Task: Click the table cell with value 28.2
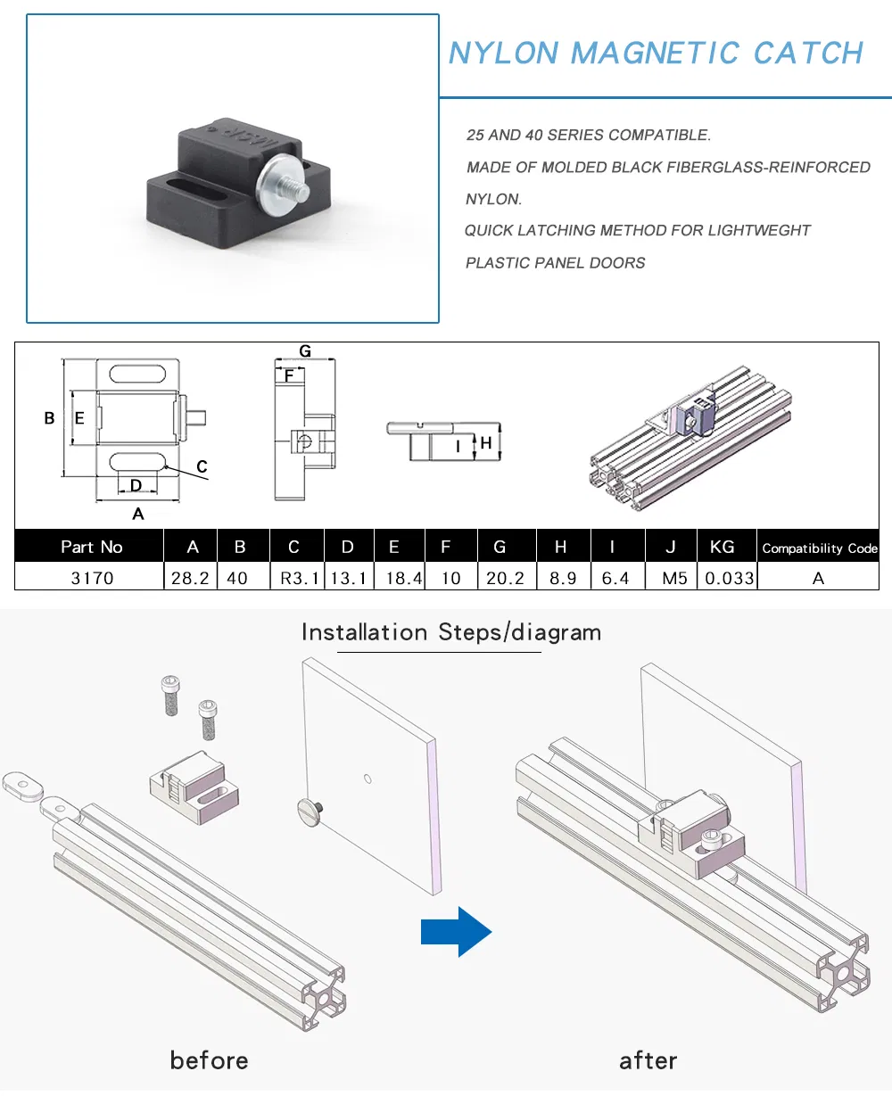190,578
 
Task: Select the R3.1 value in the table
299,578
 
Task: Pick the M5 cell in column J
674,578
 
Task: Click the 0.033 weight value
729,578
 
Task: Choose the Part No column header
91,547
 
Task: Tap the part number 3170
92,578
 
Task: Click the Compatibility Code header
819,548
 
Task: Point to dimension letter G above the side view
305,351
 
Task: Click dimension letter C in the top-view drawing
202,466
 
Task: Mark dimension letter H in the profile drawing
486,442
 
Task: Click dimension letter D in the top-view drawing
136,485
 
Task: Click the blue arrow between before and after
456,932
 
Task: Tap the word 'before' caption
209,1060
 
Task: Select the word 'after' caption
648,1060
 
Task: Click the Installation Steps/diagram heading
450,632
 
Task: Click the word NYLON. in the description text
493,199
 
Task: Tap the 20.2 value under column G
505,578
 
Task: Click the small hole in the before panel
368,779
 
